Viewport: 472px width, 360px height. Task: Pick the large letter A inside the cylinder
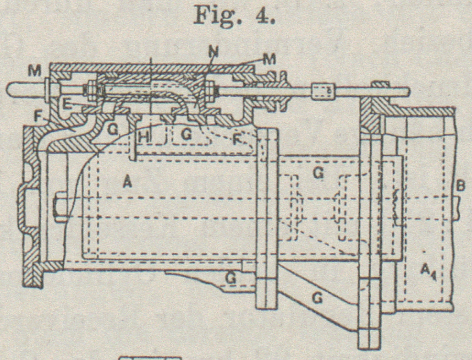tap(128, 183)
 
